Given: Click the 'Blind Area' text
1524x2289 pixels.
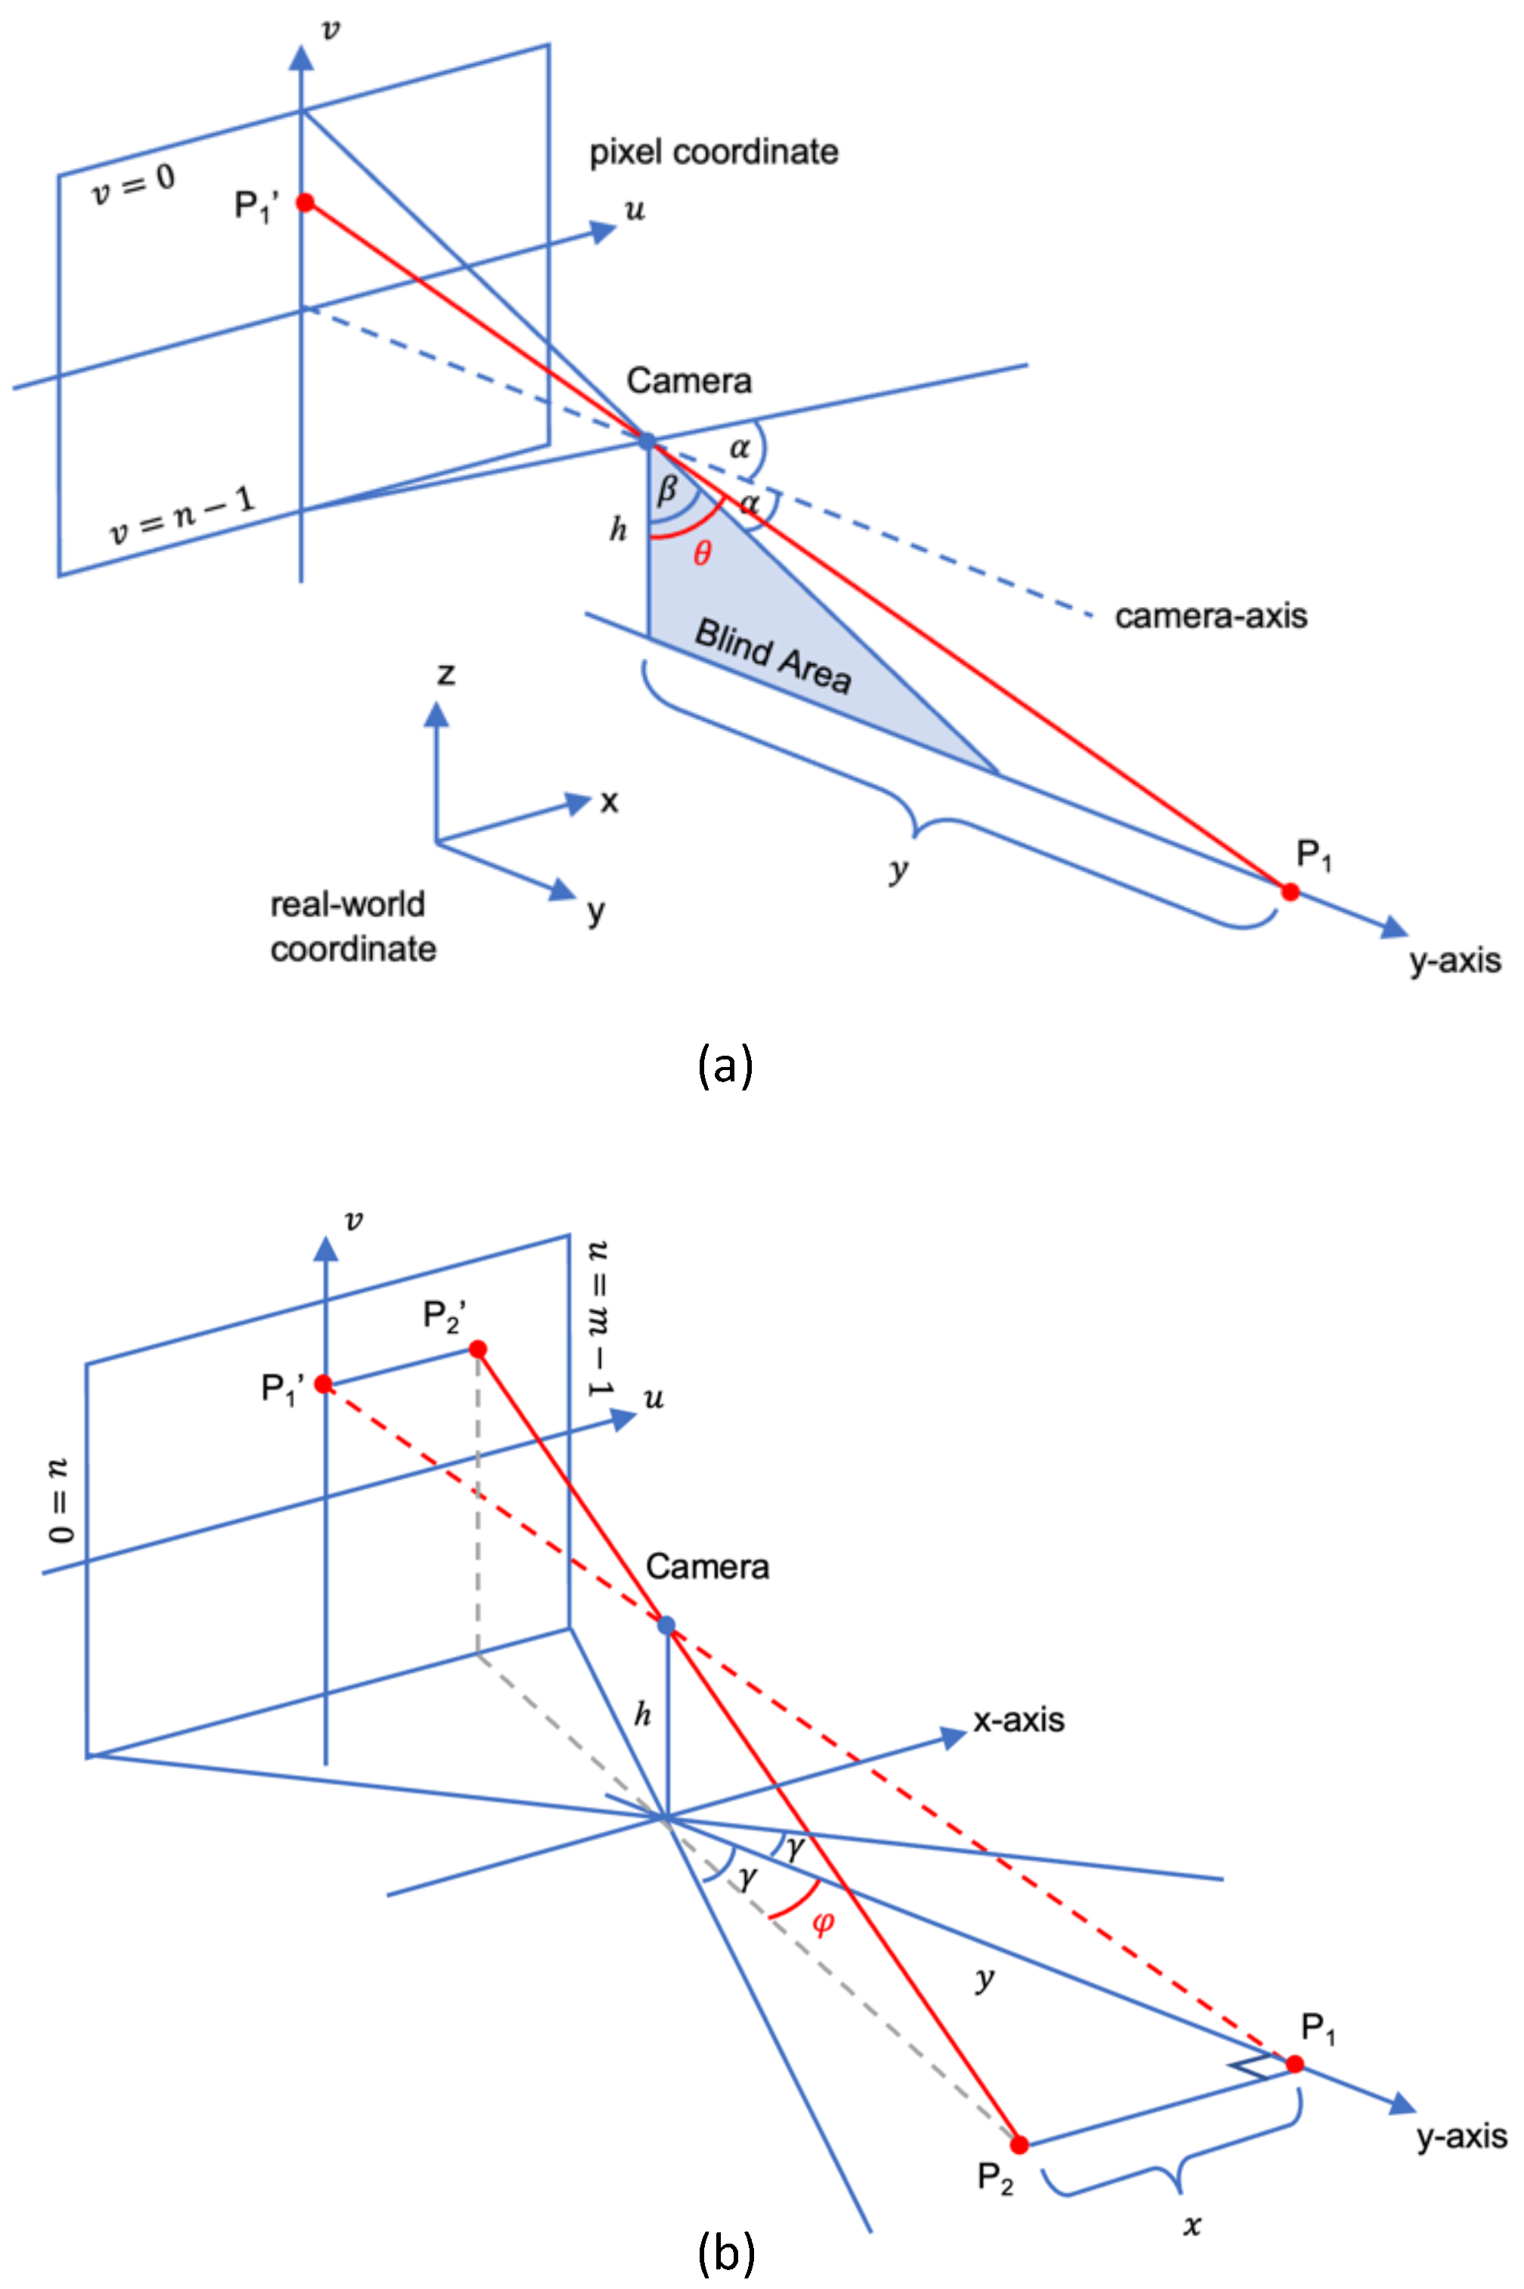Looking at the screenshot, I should (x=773, y=656).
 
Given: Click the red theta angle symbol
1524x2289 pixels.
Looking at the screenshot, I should (x=702, y=554).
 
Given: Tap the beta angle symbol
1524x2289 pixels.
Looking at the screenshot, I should (x=666, y=490).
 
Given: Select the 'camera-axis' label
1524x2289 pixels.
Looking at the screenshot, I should (x=1210, y=616).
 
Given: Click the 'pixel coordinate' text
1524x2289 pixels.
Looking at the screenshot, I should (x=714, y=152).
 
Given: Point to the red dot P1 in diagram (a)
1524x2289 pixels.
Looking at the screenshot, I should (x=1290, y=891).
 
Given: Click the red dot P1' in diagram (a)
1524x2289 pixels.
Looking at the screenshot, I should (x=305, y=203).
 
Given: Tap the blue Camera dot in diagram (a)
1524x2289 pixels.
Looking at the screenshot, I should (x=648, y=441).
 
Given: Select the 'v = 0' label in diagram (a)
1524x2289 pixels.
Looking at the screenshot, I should (x=133, y=184).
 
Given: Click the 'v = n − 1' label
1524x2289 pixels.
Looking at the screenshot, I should (x=182, y=516).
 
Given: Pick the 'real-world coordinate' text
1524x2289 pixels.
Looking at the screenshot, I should (x=352, y=926).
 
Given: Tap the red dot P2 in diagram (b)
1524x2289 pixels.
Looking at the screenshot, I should (x=1019, y=2144).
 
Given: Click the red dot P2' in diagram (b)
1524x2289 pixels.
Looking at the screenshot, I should (x=478, y=1349).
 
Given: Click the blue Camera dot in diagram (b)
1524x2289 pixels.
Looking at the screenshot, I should (x=666, y=1625).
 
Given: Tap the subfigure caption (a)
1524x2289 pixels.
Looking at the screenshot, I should (x=725, y=1066).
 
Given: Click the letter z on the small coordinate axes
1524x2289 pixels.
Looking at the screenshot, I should (x=446, y=673).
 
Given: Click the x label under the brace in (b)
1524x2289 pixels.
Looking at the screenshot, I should (x=1192, y=2226).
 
